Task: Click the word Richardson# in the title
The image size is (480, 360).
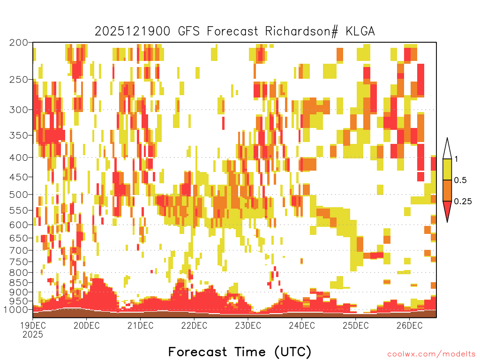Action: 301,31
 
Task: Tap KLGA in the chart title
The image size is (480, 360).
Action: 360,31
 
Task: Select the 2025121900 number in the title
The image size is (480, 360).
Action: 132,31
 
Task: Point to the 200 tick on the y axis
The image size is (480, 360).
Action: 18,43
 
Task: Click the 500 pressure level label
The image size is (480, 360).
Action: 18,195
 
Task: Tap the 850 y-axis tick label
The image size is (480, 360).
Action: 18,282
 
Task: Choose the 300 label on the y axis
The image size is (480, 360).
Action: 18,110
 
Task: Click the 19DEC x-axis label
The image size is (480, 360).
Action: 33,325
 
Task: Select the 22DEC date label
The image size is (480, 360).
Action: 194,325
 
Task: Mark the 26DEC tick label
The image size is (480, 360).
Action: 409,325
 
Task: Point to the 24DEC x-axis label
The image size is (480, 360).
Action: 301,325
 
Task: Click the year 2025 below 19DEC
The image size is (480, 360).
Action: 33,334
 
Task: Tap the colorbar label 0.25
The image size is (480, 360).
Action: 463,202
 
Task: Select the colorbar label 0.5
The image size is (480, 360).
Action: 460,180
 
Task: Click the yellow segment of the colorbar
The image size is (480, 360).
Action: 447,169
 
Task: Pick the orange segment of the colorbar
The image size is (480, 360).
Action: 447,190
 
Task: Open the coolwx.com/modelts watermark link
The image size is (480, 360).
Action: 431,354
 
